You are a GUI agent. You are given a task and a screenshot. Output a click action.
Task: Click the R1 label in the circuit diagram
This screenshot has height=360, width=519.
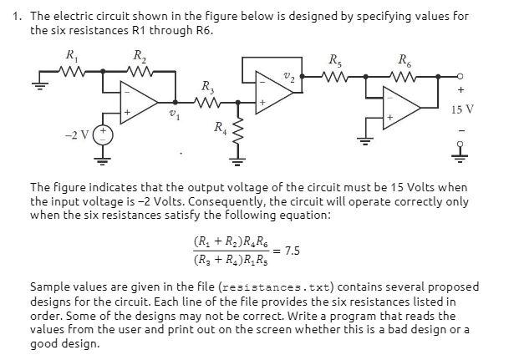point(71,56)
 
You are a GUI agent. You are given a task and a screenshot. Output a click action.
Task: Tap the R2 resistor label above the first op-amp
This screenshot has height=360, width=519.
point(139,56)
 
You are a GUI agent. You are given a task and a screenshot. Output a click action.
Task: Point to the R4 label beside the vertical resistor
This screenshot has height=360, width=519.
point(219,127)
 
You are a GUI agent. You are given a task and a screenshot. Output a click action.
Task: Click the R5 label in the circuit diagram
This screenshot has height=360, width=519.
point(335,59)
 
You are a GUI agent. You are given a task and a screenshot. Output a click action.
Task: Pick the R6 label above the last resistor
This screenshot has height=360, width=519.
point(405,59)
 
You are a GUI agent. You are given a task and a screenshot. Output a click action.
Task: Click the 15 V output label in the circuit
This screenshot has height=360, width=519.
point(461,109)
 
